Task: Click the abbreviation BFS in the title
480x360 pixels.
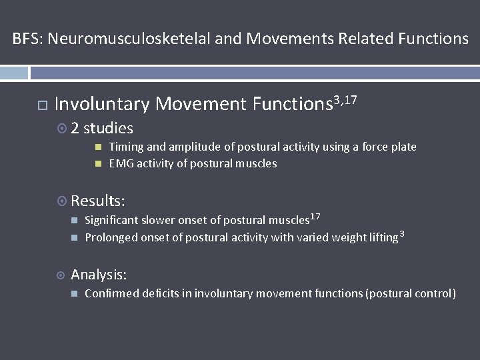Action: coord(27,39)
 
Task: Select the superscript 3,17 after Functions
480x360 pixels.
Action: coord(345,100)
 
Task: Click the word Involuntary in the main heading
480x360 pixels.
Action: coord(102,104)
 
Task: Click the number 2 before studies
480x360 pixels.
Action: coord(75,128)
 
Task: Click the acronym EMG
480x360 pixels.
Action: coord(121,163)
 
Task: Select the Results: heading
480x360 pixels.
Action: coord(98,200)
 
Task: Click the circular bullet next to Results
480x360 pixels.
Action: coord(61,201)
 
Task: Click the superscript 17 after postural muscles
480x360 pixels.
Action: coord(315,217)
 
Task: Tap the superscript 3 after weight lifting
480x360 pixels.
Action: coord(402,234)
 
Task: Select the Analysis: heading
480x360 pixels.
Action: coord(99,275)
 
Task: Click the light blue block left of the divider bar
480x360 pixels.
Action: coord(14,73)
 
